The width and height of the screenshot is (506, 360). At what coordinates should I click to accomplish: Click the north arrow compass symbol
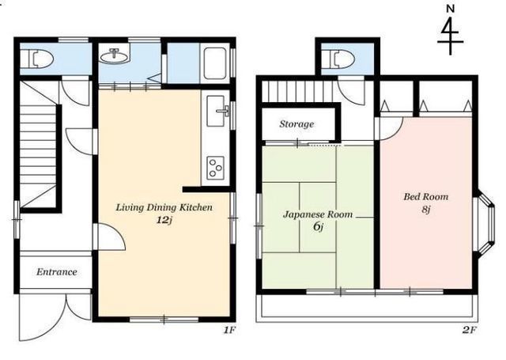(450, 35)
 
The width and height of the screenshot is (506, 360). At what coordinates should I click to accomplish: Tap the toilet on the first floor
(42, 59)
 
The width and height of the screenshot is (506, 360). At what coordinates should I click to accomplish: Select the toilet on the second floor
(343, 59)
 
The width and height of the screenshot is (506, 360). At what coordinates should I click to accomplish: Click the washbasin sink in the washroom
(114, 55)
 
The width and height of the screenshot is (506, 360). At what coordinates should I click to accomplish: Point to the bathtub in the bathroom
(216, 63)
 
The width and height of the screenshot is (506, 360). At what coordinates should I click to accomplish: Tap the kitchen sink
(217, 111)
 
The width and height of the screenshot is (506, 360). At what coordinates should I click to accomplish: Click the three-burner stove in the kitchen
(216, 168)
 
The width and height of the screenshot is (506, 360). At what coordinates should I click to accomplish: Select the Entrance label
(57, 272)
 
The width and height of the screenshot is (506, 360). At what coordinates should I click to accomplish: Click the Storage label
(296, 124)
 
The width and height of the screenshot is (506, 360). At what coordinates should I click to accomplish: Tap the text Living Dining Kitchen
(164, 207)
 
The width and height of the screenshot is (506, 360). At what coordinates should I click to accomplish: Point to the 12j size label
(164, 220)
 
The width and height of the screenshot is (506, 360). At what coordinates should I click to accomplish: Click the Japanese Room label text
(318, 214)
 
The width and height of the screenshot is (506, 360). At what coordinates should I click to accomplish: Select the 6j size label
(318, 226)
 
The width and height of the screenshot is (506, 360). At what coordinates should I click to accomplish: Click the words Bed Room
(426, 197)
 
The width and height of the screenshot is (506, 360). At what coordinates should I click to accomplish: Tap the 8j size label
(426, 209)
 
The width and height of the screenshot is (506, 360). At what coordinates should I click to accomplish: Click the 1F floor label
(230, 330)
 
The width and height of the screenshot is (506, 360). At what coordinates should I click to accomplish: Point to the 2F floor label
(470, 330)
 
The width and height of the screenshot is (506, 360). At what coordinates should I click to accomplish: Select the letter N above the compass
(450, 9)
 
